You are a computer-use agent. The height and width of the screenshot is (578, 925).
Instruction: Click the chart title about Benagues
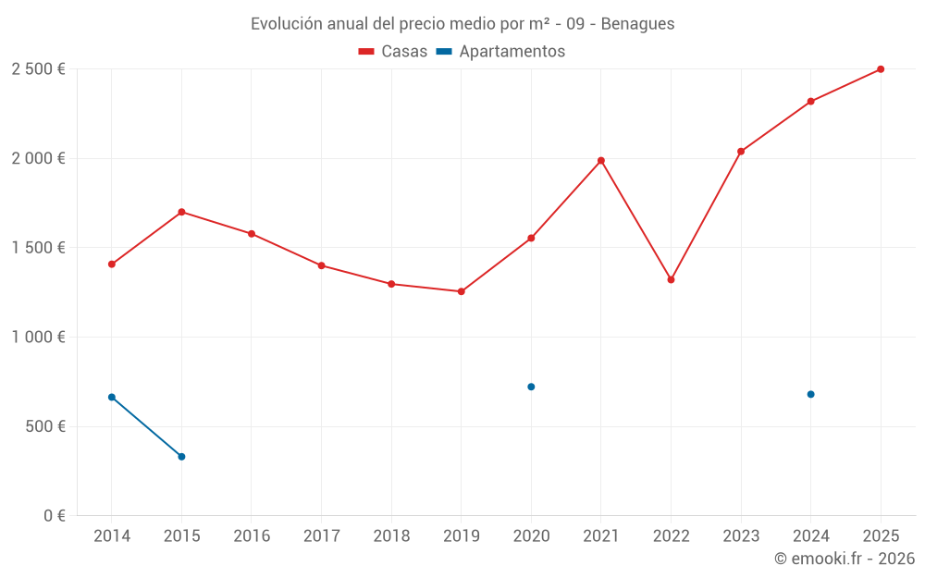pyautogui.click(x=462, y=23)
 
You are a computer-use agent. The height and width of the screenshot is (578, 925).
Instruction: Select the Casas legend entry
pyautogui.click(x=393, y=52)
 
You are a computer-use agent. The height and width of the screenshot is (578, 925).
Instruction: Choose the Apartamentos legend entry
pyautogui.click(x=500, y=52)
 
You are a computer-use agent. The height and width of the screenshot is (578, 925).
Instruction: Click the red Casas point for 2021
pyautogui.click(x=601, y=161)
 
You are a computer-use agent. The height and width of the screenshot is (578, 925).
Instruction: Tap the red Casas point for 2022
pyautogui.click(x=671, y=279)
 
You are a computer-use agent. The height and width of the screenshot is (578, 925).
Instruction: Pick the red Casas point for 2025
pyautogui.click(x=881, y=69)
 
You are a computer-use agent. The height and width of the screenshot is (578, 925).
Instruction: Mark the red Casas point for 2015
pyautogui.click(x=181, y=212)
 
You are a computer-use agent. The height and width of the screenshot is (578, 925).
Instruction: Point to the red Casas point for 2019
pyautogui.click(x=462, y=291)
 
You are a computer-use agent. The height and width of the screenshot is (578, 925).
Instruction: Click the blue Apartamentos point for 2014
pyautogui.click(x=112, y=397)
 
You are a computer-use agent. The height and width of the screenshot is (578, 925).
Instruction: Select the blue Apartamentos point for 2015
pyautogui.click(x=181, y=457)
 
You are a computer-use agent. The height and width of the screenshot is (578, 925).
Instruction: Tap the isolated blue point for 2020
pyautogui.click(x=531, y=387)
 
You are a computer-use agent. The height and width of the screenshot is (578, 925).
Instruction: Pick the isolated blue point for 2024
pyautogui.click(x=810, y=394)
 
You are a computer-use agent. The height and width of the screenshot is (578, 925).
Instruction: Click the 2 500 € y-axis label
pyautogui.click(x=38, y=69)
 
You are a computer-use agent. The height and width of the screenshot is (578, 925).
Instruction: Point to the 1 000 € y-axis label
pyautogui.click(x=38, y=338)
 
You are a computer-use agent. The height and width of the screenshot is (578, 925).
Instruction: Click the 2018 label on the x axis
pyautogui.click(x=391, y=536)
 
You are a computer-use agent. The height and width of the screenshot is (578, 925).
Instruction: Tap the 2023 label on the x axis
pyautogui.click(x=741, y=536)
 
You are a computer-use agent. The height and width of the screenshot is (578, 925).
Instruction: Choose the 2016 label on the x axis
pyautogui.click(x=252, y=536)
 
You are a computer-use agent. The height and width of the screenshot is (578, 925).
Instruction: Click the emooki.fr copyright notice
pyautogui.click(x=845, y=559)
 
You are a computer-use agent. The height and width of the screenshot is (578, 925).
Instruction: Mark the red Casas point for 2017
pyautogui.click(x=321, y=265)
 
